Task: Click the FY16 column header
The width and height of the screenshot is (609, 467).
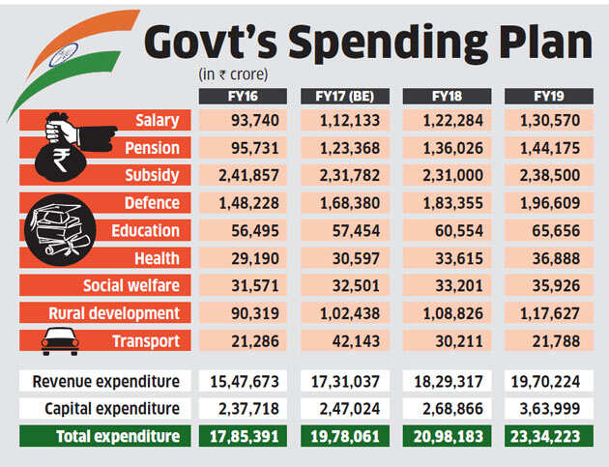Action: tap(243, 97)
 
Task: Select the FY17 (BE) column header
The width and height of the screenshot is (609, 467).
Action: tap(344, 97)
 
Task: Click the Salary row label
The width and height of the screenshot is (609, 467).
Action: tap(158, 120)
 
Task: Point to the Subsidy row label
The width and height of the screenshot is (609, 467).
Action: tap(152, 175)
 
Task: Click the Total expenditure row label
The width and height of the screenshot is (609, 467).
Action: tap(117, 436)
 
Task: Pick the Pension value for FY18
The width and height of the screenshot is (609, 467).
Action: tap(446, 148)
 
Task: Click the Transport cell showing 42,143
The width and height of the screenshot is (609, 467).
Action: tap(344, 341)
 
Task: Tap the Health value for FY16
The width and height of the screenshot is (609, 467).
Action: tap(243, 258)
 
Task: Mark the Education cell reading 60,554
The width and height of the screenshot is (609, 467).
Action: tap(446, 231)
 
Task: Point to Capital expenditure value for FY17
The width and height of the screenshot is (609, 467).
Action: tap(344, 408)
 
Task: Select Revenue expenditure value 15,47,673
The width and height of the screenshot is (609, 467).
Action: tap(243, 381)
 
